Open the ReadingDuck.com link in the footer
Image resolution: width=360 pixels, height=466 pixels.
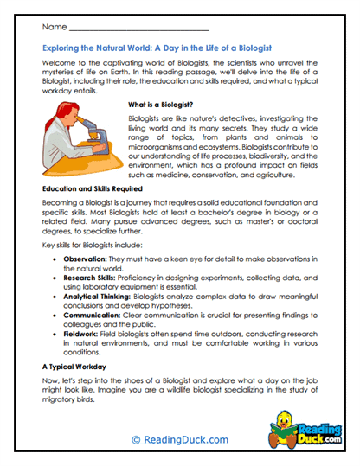click(x=179, y=439)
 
